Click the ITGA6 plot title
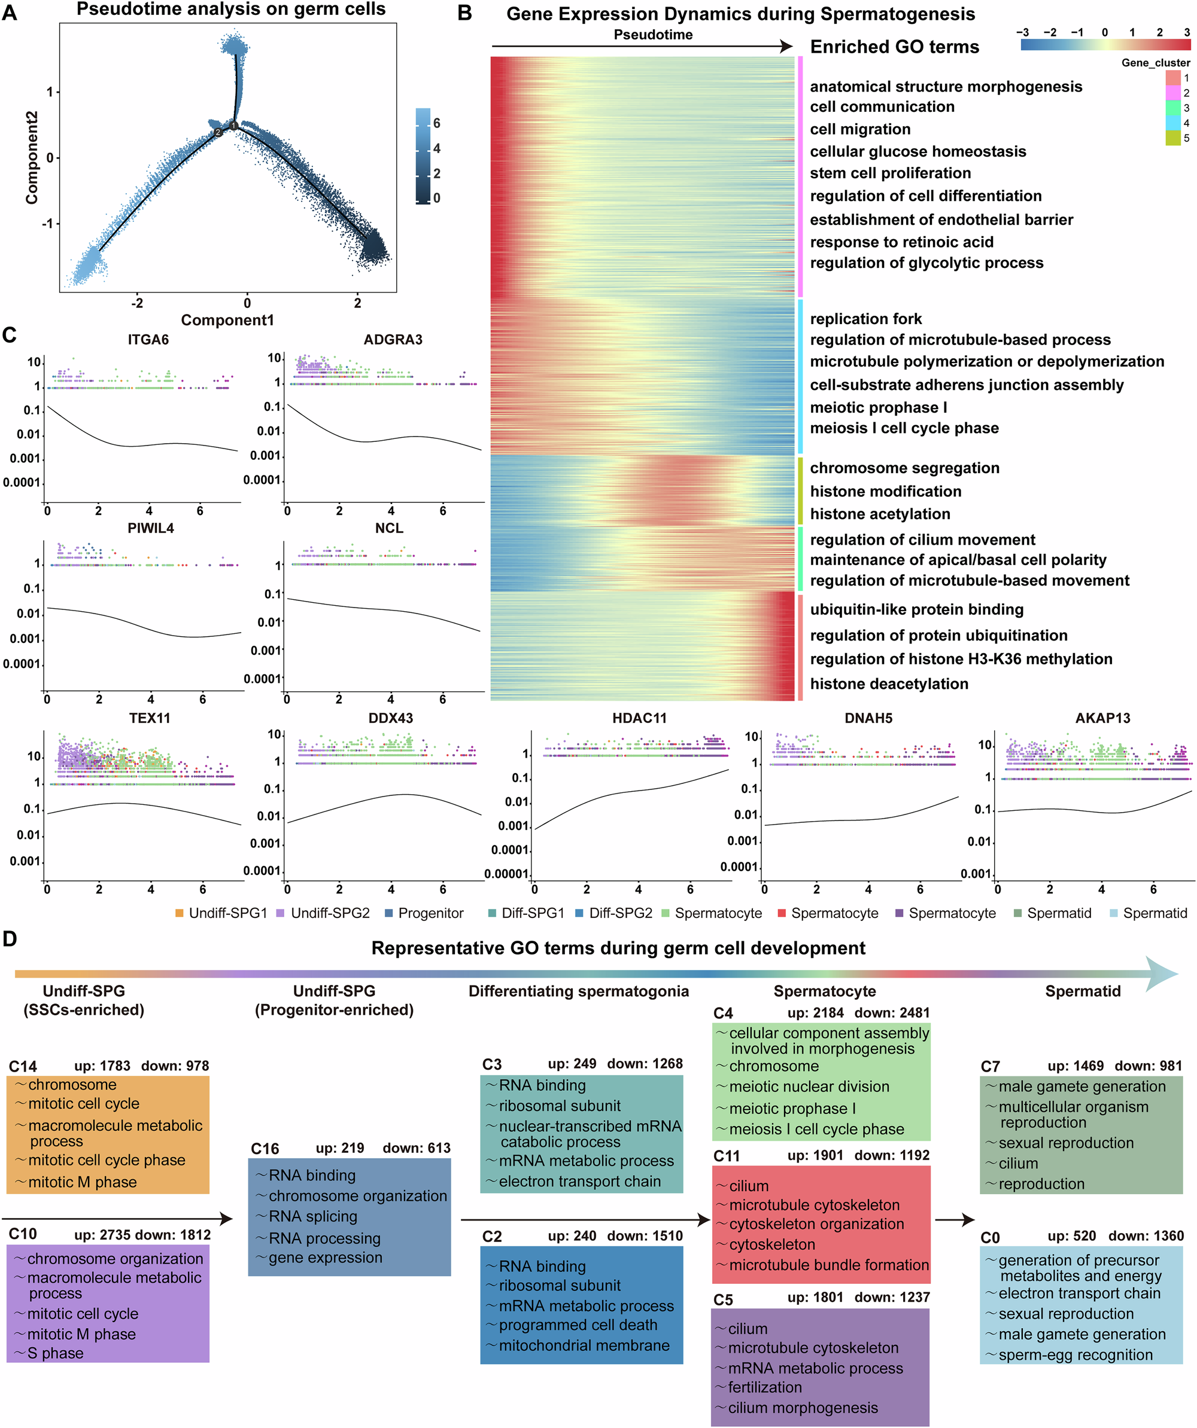[148, 339]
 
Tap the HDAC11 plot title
[639, 718]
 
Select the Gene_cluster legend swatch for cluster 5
[1172, 138]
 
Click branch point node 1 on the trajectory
[233, 126]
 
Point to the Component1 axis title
[227, 321]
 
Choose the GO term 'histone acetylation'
[879, 514]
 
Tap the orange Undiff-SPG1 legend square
[180, 913]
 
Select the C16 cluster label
[265, 1149]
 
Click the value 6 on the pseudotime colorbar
[437, 123]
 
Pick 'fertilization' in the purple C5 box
[764, 1387]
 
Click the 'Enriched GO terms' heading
[894, 47]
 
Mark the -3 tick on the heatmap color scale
[1022, 32]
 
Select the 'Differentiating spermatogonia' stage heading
[578, 991]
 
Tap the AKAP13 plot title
[1102, 718]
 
